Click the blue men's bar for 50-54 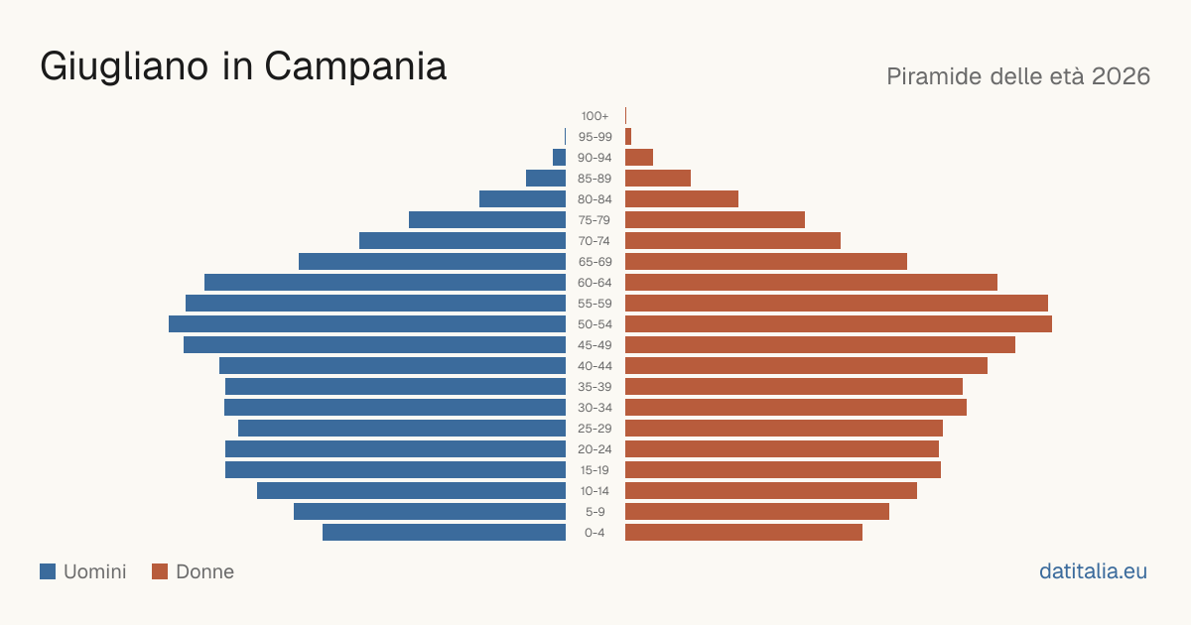point(367,324)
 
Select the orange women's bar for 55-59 point(837,304)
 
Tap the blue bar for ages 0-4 point(444,533)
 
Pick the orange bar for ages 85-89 point(658,179)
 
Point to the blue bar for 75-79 point(487,220)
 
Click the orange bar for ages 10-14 point(771,491)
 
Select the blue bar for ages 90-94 point(560,158)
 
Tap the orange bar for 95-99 point(628,137)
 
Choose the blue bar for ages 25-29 point(402,429)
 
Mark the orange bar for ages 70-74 point(732,241)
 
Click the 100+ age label point(595,116)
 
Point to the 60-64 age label point(595,283)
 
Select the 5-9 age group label point(595,512)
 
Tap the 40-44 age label point(595,366)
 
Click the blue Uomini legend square point(48,571)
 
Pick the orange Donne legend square point(160,571)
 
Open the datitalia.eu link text point(1093,571)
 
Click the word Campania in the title point(355,67)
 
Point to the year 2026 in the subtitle point(1121,76)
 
